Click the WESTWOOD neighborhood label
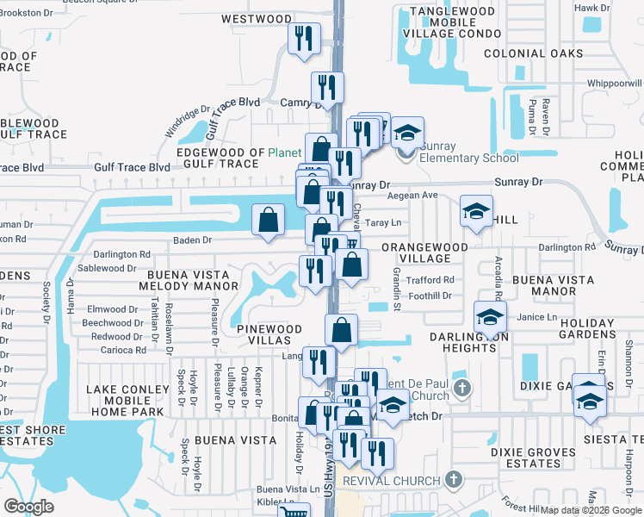(x=257, y=18)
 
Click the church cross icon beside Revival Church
(x=455, y=479)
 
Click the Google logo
(x=29, y=507)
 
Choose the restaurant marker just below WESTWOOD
(x=304, y=39)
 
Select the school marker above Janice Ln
(x=490, y=317)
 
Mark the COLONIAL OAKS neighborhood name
(x=533, y=53)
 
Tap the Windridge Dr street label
(x=189, y=121)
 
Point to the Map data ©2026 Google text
(x=591, y=509)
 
